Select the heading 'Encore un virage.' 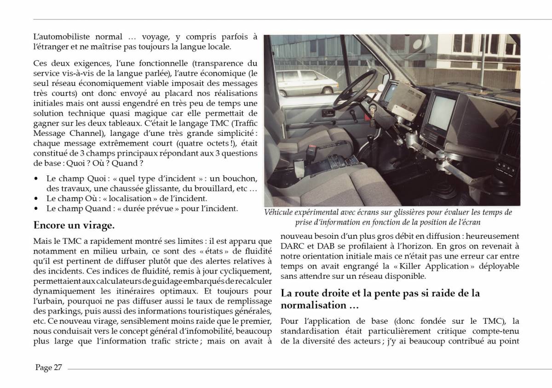point(74,226)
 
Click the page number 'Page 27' point(48,367)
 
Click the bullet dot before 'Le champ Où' point(36,199)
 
